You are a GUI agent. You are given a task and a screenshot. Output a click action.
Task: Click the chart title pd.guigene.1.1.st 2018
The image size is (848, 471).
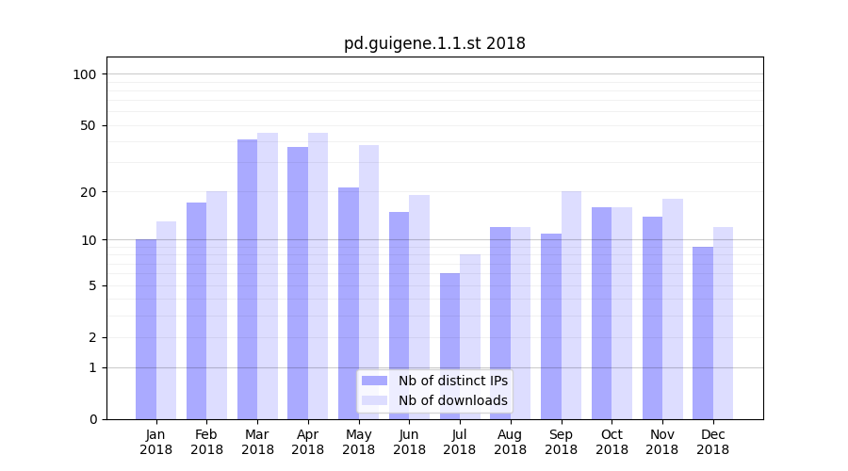click(434, 43)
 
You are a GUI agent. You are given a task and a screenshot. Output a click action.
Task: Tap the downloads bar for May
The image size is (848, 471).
click(368, 282)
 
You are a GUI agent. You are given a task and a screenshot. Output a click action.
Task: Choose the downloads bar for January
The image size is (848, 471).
click(166, 320)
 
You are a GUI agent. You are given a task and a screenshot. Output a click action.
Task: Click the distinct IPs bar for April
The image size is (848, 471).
click(298, 283)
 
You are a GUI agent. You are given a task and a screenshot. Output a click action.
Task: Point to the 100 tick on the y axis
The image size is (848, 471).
click(85, 74)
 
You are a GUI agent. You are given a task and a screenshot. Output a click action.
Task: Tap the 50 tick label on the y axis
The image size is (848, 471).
click(89, 125)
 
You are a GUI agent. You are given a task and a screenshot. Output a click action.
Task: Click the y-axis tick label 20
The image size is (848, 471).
click(89, 192)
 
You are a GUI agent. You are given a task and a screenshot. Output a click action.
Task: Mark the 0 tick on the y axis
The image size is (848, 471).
click(92, 419)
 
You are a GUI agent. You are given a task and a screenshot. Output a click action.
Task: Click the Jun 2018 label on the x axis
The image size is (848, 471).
click(409, 442)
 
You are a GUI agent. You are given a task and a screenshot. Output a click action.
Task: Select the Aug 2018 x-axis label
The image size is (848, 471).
click(511, 442)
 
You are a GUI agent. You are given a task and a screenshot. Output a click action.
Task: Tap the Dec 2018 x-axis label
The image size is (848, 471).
click(713, 442)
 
